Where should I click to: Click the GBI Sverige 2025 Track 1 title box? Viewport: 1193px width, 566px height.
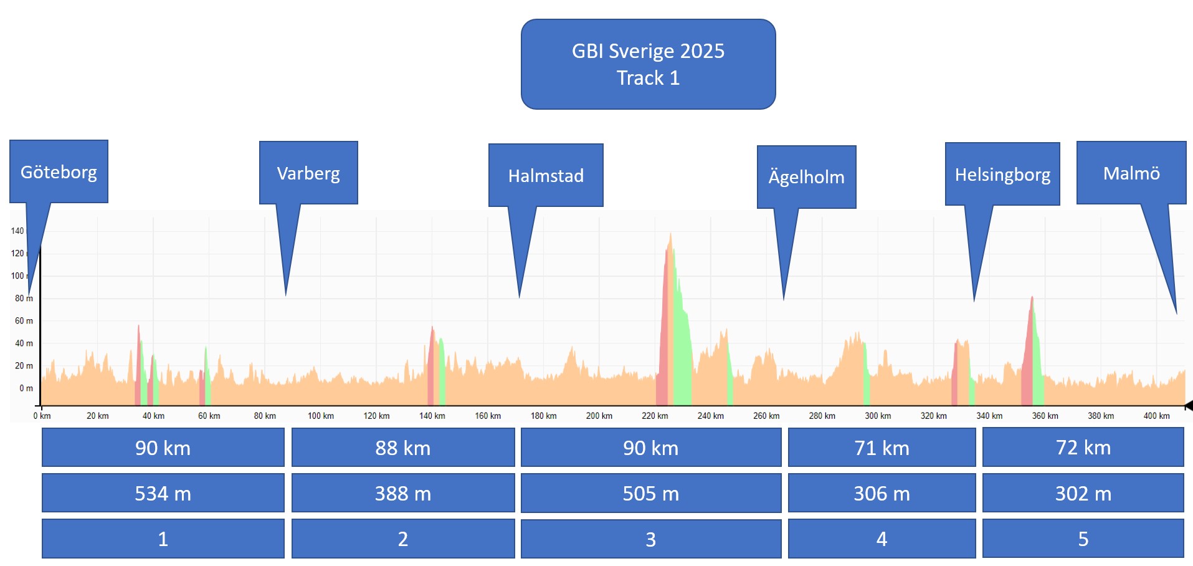pyautogui.click(x=648, y=64)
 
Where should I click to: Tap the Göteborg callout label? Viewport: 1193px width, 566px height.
pyautogui.click(x=59, y=171)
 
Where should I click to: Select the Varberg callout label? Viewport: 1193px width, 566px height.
pyautogui.click(x=308, y=173)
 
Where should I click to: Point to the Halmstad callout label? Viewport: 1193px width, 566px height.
pyautogui.click(x=546, y=175)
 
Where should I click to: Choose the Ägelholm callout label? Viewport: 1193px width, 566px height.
pyautogui.click(x=806, y=177)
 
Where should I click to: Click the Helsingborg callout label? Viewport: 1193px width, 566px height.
pyautogui.click(x=1002, y=174)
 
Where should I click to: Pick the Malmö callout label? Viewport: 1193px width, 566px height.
pyautogui.click(x=1131, y=173)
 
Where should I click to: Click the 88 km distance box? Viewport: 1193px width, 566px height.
pyautogui.click(x=402, y=448)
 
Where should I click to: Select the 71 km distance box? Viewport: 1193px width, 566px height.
pyautogui.click(x=882, y=448)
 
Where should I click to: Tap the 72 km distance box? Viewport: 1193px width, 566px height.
pyautogui.click(x=1083, y=448)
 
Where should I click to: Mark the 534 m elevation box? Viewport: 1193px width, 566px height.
pyautogui.click(x=163, y=493)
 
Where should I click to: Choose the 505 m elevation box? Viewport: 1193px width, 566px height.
pyautogui.click(x=650, y=493)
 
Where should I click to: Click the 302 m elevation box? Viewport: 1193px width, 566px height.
pyautogui.click(x=1083, y=493)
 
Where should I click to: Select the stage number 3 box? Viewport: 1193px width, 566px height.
pyautogui.click(x=650, y=539)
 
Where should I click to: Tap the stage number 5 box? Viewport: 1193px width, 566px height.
pyautogui.click(x=1083, y=539)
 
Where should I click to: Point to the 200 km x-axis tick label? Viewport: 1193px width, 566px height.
pyautogui.click(x=599, y=416)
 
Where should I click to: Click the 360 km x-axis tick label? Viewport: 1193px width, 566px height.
pyautogui.click(x=1045, y=416)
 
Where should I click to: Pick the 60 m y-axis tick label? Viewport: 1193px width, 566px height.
pyautogui.click(x=24, y=321)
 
